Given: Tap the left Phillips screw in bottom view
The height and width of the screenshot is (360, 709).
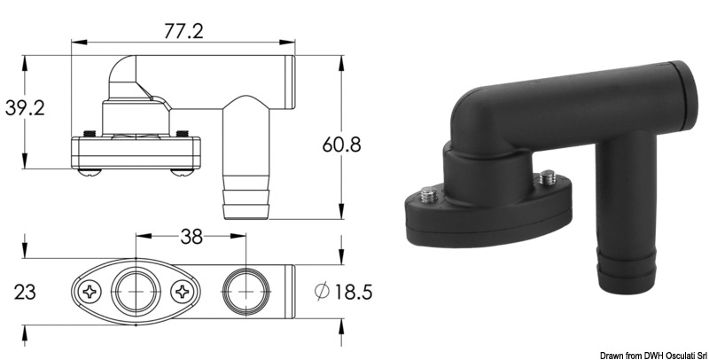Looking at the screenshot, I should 90,290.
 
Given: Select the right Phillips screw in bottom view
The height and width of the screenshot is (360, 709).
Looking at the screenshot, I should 182,290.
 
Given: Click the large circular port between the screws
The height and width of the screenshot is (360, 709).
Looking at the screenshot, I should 136,290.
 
